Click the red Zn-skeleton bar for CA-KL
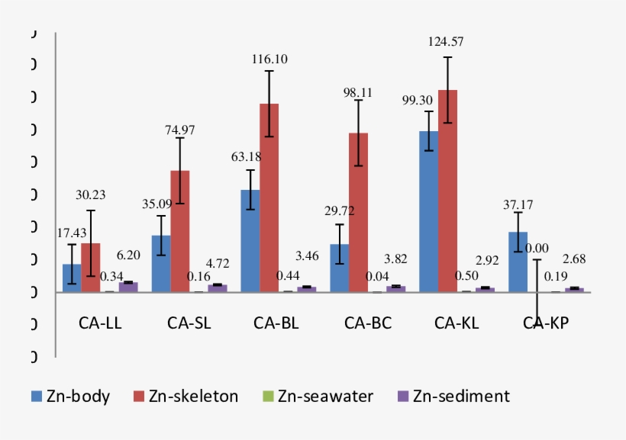point(447,191)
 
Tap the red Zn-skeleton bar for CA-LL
point(91,268)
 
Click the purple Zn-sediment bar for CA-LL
point(128,287)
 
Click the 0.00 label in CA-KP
point(537,248)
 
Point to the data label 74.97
point(180,130)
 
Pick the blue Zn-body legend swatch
point(36,396)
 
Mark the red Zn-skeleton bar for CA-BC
point(359,213)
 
